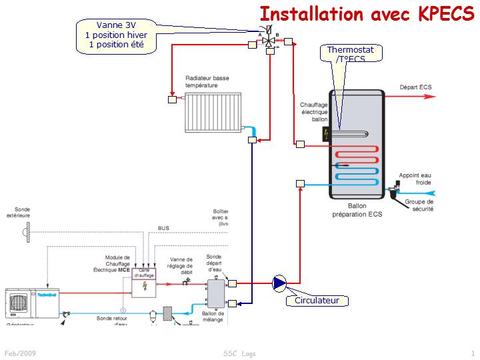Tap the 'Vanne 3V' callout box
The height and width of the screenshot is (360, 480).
point(117,36)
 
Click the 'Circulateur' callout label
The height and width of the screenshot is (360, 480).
point(317,300)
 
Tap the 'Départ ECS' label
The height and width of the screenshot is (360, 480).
point(416,87)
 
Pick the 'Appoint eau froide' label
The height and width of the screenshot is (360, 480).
point(415,179)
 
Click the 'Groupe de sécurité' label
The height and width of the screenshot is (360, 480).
point(419,205)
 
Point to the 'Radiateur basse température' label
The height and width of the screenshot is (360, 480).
point(207,82)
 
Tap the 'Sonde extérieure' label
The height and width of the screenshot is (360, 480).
point(18,212)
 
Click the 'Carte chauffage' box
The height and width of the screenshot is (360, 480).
point(144,273)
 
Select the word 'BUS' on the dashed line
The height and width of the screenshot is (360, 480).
point(163,228)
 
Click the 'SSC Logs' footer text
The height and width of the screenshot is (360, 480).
point(239,353)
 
